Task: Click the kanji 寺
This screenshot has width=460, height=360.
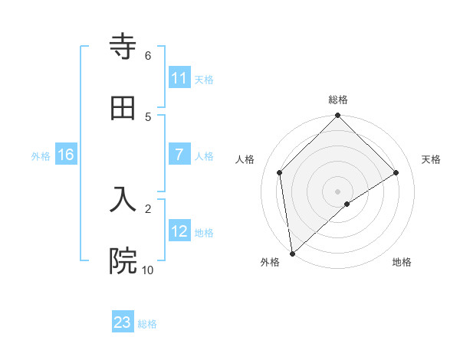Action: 123,46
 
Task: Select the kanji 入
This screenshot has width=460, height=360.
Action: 123,198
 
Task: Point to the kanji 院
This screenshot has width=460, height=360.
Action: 123,260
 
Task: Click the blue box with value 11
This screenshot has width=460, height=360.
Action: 179,78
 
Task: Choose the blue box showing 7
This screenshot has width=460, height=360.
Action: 179,155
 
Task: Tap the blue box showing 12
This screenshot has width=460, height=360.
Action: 179,231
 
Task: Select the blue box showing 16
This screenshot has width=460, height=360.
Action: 66,155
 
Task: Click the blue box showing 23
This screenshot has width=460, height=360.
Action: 123,322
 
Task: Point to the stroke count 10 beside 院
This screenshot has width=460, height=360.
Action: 147,270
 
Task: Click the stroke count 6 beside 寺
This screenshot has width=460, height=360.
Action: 148,55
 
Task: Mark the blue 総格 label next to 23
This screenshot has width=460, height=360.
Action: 147,324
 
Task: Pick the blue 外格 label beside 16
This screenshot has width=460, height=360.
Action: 41,156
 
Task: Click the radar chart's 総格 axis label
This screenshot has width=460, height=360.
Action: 338,100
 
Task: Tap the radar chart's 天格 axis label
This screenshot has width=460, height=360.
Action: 432,159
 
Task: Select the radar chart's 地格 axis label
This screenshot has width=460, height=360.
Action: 402,262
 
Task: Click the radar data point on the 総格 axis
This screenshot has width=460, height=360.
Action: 338,116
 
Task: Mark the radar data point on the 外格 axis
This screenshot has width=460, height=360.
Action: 292,254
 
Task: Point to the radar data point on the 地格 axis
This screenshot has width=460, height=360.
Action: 347,204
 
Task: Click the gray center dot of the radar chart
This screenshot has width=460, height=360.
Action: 338,191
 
